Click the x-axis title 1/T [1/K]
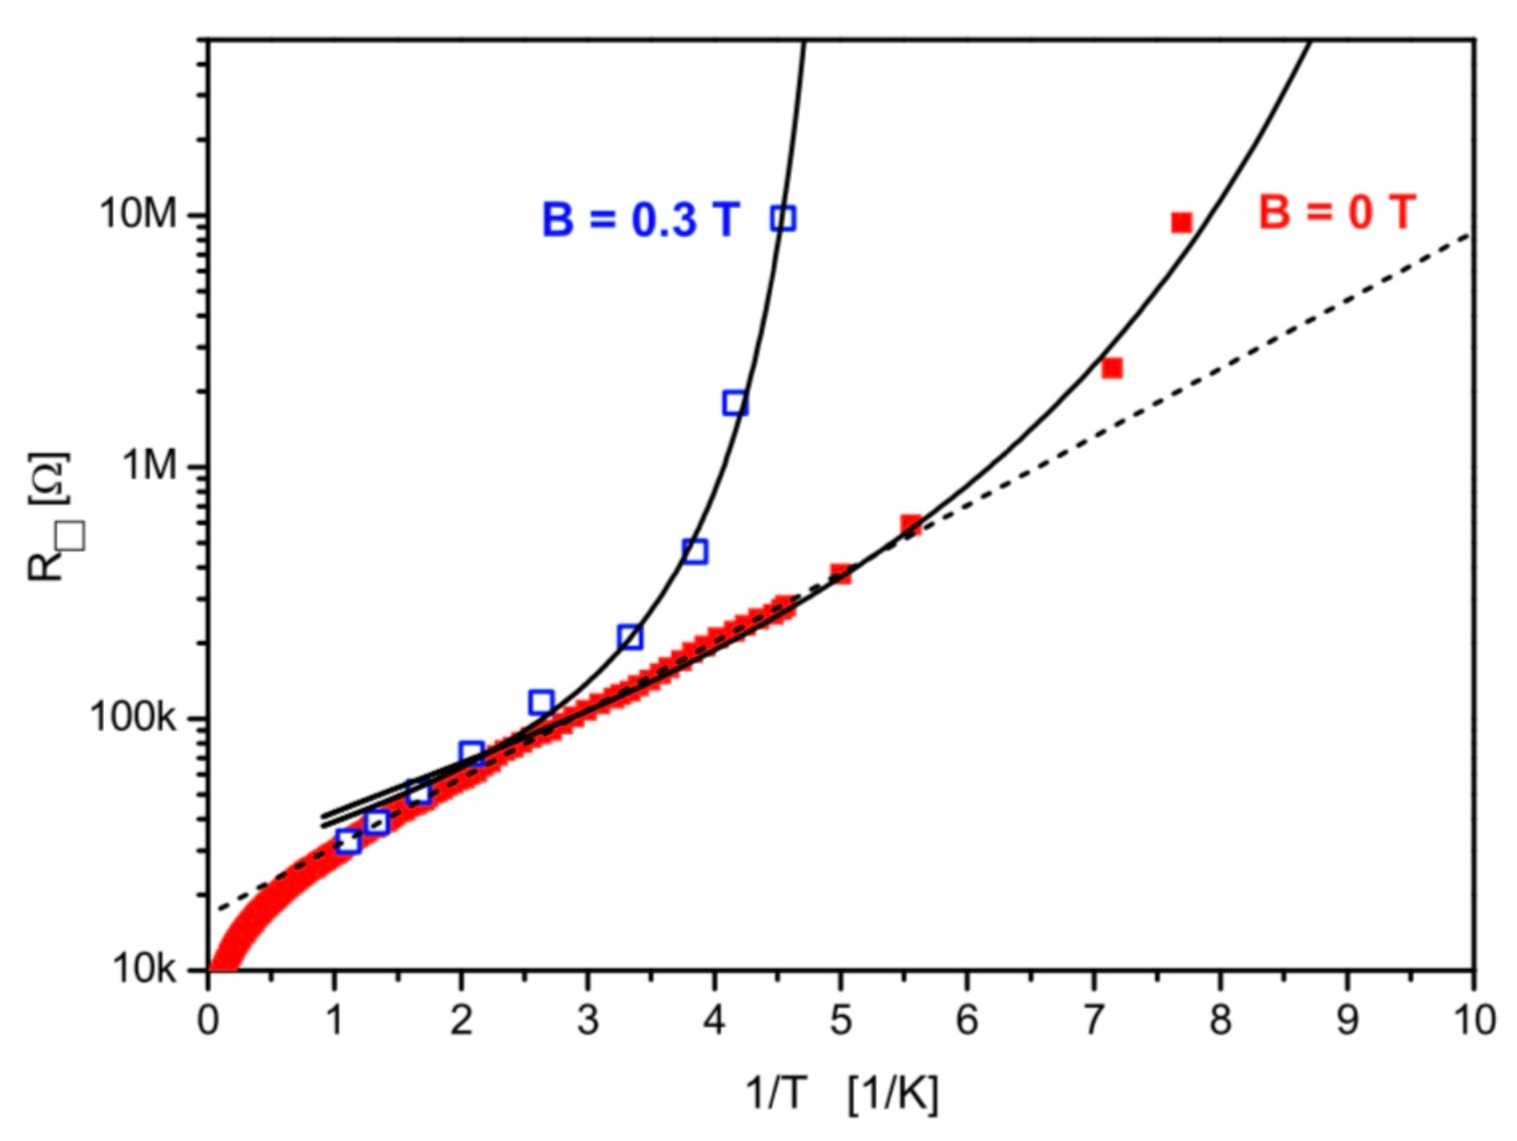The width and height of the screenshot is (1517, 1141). [x=841, y=1093]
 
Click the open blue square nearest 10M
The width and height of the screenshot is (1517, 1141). [x=783, y=219]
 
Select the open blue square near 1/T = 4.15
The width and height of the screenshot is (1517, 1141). [x=735, y=403]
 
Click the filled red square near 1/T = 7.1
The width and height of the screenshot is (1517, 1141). [x=1112, y=368]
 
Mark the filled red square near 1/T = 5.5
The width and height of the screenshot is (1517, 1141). [x=911, y=525]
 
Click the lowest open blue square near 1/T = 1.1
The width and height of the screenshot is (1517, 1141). [x=348, y=841]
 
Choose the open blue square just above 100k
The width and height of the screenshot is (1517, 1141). [x=541, y=702]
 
